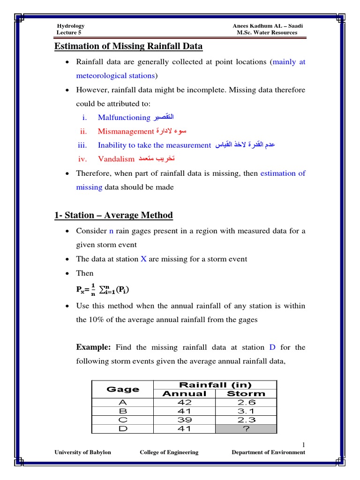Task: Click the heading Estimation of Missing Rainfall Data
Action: point(129,46)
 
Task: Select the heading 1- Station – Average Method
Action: point(114,215)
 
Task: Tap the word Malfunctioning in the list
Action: point(124,117)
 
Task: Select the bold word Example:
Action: point(93,347)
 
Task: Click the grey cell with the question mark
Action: point(246,428)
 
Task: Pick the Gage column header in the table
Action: point(123,389)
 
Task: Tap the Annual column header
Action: point(184,394)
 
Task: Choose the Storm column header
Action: point(246,394)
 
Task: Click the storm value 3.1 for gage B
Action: point(246,411)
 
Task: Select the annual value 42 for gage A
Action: point(184,402)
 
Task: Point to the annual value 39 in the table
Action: point(184,420)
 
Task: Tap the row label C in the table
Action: point(123,420)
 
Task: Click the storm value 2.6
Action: point(246,402)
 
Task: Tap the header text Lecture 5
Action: point(69,33)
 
